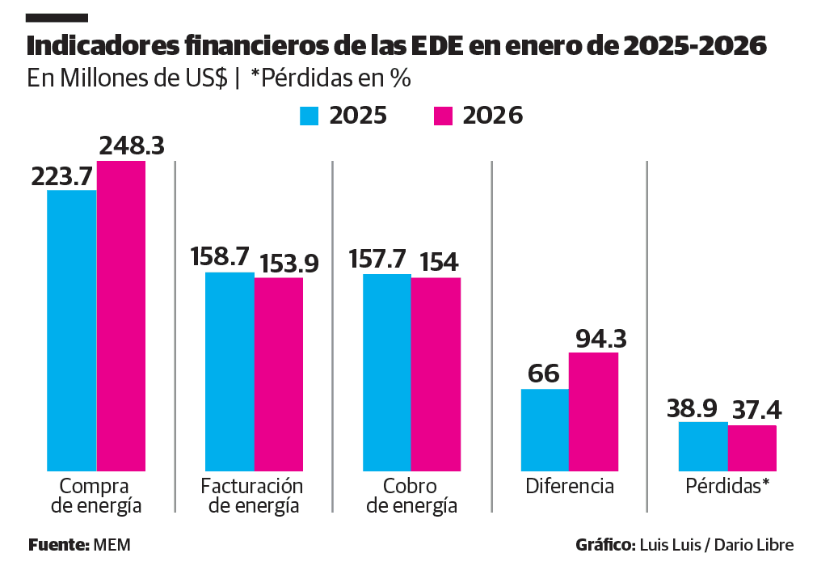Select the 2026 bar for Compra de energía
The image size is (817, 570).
[121, 315]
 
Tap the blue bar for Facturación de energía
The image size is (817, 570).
[230, 371]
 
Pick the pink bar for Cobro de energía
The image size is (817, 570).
[436, 374]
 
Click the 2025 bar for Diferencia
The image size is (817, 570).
[545, 429]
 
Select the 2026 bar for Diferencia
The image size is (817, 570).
[593, 411]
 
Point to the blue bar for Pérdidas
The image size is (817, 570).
[703, 445]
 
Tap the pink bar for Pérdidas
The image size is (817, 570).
[752, 447]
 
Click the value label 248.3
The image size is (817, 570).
[132, 146]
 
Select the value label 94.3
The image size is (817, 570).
[600, 338]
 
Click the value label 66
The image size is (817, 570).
[544, 374]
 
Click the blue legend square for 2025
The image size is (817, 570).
[310, 116]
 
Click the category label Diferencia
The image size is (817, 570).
[570, 487]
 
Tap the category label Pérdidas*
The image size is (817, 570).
[727, 487]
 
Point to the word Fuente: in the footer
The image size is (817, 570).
[59, 545]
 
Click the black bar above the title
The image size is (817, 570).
[57, 17]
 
